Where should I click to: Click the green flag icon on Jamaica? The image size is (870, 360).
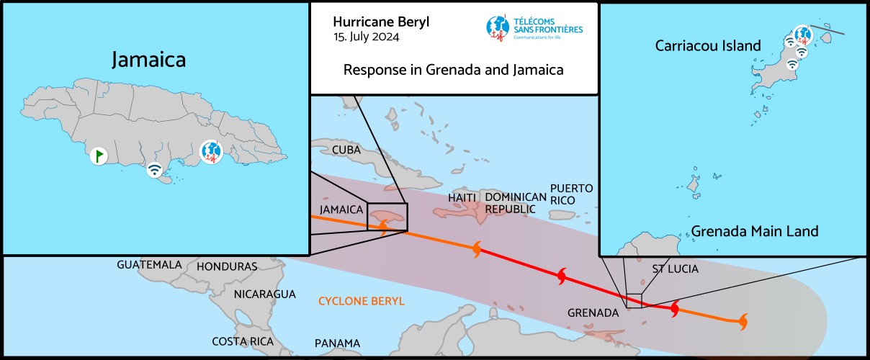[x=99, y=155]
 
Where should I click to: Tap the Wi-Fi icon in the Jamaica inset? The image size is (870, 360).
[x=154, y=171]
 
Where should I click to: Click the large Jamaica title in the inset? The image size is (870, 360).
[x=148, y=59]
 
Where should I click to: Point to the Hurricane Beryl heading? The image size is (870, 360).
[x=381, y=22]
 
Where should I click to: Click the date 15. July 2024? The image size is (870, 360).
[x=368, y=37]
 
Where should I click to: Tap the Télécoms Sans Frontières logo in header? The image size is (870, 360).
[x=534, y=27]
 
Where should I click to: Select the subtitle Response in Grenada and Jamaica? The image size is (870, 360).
[x=453, y=71]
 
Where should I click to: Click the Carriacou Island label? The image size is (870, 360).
[x=708, y=46]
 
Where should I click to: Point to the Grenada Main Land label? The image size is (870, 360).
[x=755, y=231]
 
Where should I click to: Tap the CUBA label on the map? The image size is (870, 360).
[x=346, y=150]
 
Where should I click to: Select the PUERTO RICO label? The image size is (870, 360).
[x=572, y=194]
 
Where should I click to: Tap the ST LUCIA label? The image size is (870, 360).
[x=675, y=269]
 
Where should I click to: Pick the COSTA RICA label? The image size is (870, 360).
[x=243, y=341]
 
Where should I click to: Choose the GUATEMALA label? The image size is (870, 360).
[x=149, y=265]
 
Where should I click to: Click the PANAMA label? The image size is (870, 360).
[x=337, y=343]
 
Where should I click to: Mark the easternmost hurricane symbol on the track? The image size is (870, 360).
[x=742, y=321]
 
